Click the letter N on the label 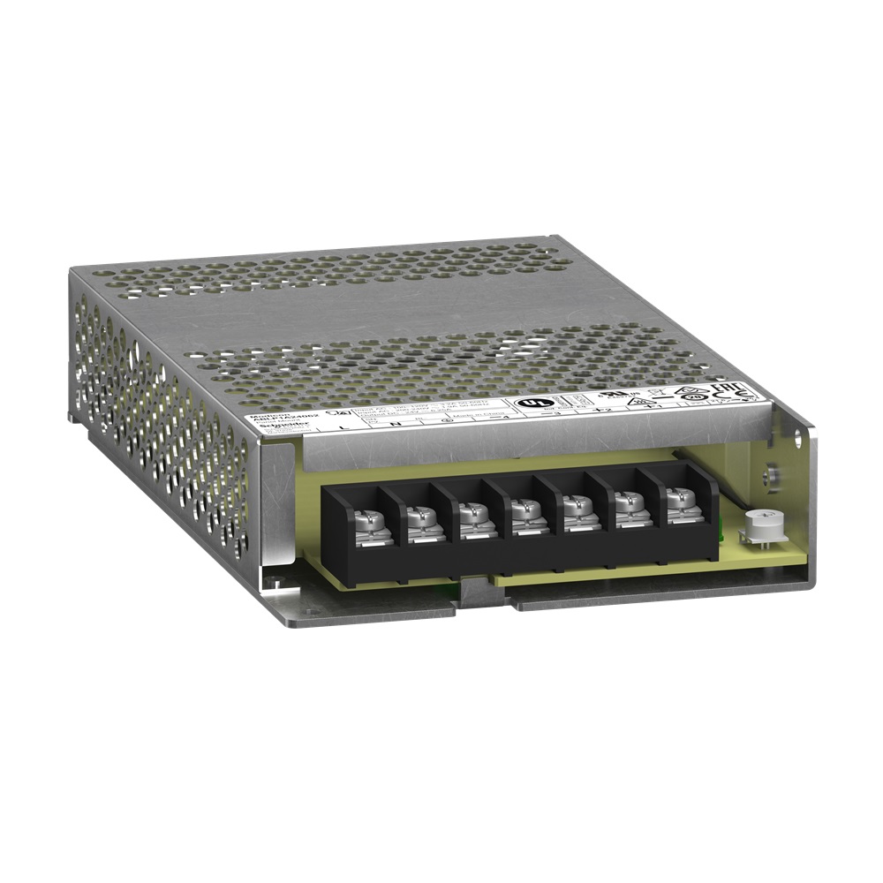pyautogui.click(x=395, y=426)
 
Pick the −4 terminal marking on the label pyautogui.click(x=495, y=419)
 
